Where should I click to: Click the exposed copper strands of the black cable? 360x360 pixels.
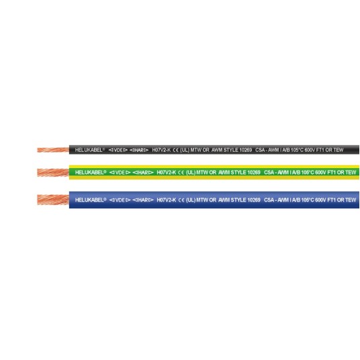(x=53, y=150)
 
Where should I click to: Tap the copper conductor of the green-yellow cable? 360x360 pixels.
(x=53, y=173)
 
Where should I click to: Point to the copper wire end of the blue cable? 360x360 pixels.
(x=53, y=199)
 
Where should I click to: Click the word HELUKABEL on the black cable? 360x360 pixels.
(x=89, y=150)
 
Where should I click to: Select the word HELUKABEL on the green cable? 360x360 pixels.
(x=89, y=173)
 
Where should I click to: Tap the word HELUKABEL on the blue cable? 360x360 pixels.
(x=89, y=200)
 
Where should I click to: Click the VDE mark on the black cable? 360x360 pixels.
(x=118, y=150)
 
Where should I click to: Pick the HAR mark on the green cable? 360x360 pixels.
(x=143, y=173)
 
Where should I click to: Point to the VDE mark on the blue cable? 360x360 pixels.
(x=120, y=200)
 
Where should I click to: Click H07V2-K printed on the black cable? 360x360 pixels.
(x=161, y=150)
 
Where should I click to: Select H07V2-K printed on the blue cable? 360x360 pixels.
(x=166, y=200)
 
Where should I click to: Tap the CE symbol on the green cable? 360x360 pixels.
(x=181, y=173)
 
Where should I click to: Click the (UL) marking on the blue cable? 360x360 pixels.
(x=191, y=200)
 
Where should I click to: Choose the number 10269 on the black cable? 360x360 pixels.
(x=245, y=150)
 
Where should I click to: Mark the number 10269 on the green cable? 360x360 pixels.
(x=254, y=173)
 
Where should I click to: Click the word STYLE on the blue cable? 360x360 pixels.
(x=238, y=200)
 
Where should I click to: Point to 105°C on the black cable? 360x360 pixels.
(x=297, y=150)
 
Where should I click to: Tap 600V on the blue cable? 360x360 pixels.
(x=320, y=200)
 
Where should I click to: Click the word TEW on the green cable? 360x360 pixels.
(x=351, y=173)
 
